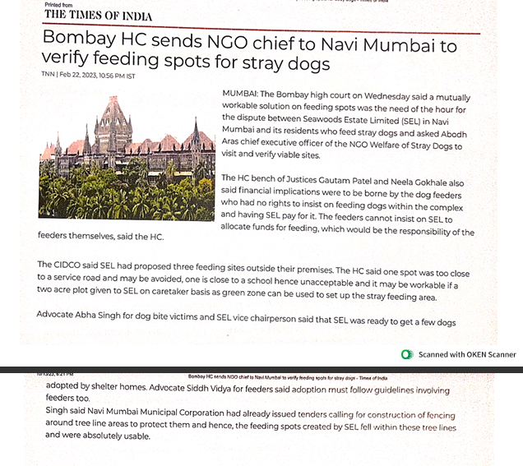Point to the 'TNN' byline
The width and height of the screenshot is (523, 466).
(47, 75)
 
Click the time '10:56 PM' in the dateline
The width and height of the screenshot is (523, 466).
(110, 75)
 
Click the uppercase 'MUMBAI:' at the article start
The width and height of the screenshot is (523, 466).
(239, 95)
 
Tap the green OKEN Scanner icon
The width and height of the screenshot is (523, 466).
(407, 354)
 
